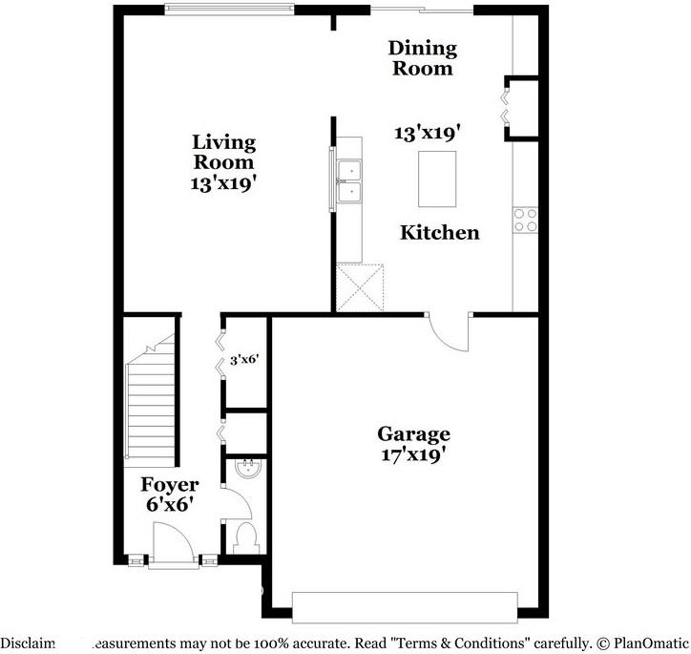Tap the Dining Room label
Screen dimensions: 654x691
point(422,57)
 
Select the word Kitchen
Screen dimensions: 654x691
point(439,232)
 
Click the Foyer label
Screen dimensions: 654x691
point(170,485)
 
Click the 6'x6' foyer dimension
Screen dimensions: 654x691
point(170,504)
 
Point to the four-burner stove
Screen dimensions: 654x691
point(526,221)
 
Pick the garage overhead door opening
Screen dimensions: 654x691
point(405,607)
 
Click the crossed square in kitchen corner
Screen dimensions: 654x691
point(360,287)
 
